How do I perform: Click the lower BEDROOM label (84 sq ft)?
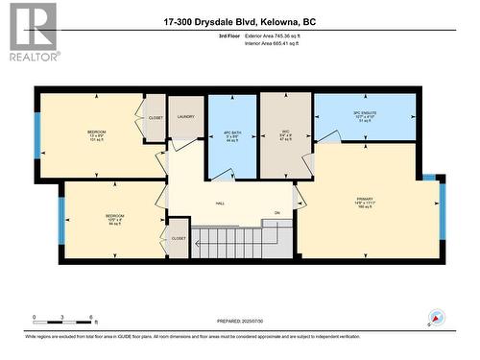115,220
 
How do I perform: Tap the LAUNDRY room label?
185,117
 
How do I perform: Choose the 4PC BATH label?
231,135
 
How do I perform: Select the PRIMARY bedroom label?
365,203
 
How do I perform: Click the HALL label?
220,204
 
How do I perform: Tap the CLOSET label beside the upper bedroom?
156,117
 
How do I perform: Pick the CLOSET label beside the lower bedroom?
178,237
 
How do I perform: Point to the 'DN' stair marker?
276,213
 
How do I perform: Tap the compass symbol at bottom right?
438,317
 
